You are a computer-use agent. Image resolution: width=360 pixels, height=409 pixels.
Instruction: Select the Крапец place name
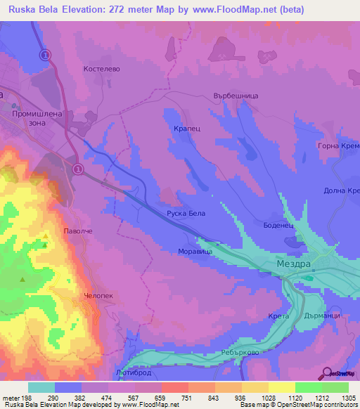tap(186, 129)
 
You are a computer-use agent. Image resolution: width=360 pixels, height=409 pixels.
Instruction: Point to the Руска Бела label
tap(186, 213)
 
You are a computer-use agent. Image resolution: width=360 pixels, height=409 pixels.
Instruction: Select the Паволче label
tap(78, 231)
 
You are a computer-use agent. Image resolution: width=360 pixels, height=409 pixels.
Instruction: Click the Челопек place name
tap(98, 296)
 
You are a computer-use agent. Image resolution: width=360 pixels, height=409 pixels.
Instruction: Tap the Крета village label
tap(278, 317)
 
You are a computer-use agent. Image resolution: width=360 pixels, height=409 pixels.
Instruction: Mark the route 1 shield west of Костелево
tap(46, 55)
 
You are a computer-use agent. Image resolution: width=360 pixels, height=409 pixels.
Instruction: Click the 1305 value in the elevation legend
tap(340, 398)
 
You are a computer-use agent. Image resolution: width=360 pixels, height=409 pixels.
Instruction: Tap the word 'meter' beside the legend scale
tap(11, 398)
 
